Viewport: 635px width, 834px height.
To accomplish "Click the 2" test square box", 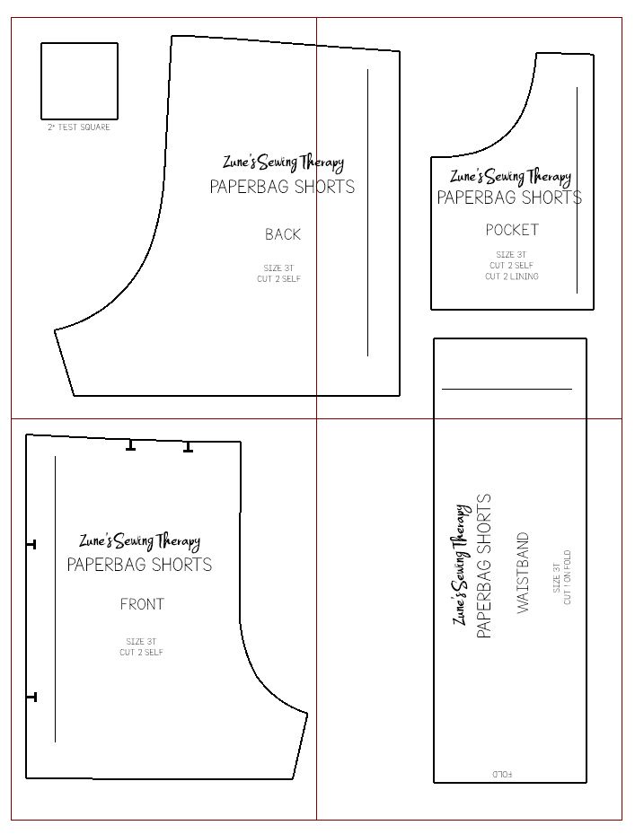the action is tap(79, 43).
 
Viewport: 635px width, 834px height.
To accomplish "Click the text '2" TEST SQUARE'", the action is tap(79, 127).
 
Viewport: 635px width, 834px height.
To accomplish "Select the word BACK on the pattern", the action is tap(283, 234).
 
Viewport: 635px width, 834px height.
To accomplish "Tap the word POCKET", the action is tap(512, 230).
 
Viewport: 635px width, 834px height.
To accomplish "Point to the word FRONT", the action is tap(142, 604).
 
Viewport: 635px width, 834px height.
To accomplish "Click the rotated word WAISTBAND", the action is tap(524, 573).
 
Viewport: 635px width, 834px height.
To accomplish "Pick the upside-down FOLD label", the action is tap(502, 774).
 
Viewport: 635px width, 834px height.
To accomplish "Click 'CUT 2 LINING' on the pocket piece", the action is tap(512, 276).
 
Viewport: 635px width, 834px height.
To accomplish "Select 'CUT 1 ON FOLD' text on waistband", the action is tap(568, 577).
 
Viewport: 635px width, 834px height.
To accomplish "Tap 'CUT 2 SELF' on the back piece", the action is tap(279, 278).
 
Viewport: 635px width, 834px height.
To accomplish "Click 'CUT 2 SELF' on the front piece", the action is tap(142, 652).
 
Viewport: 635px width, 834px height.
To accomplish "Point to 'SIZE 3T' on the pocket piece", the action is tap(511, 254).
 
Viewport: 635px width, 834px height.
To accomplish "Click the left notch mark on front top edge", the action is tap(130, 445).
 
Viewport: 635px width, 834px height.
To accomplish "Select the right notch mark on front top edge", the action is tap(188, 447).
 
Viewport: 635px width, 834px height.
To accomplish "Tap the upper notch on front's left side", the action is tap(31, 545).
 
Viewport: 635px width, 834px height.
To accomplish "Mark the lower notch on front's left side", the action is tap(31, 697).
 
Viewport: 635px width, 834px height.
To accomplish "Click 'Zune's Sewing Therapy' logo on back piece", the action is tap(283, 162).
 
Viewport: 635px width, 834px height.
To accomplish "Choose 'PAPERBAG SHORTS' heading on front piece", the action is tap(139, 565).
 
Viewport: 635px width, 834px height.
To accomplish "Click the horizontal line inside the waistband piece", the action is tap(507, 390).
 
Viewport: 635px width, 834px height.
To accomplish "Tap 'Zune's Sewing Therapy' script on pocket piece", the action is tap(510, 177).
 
